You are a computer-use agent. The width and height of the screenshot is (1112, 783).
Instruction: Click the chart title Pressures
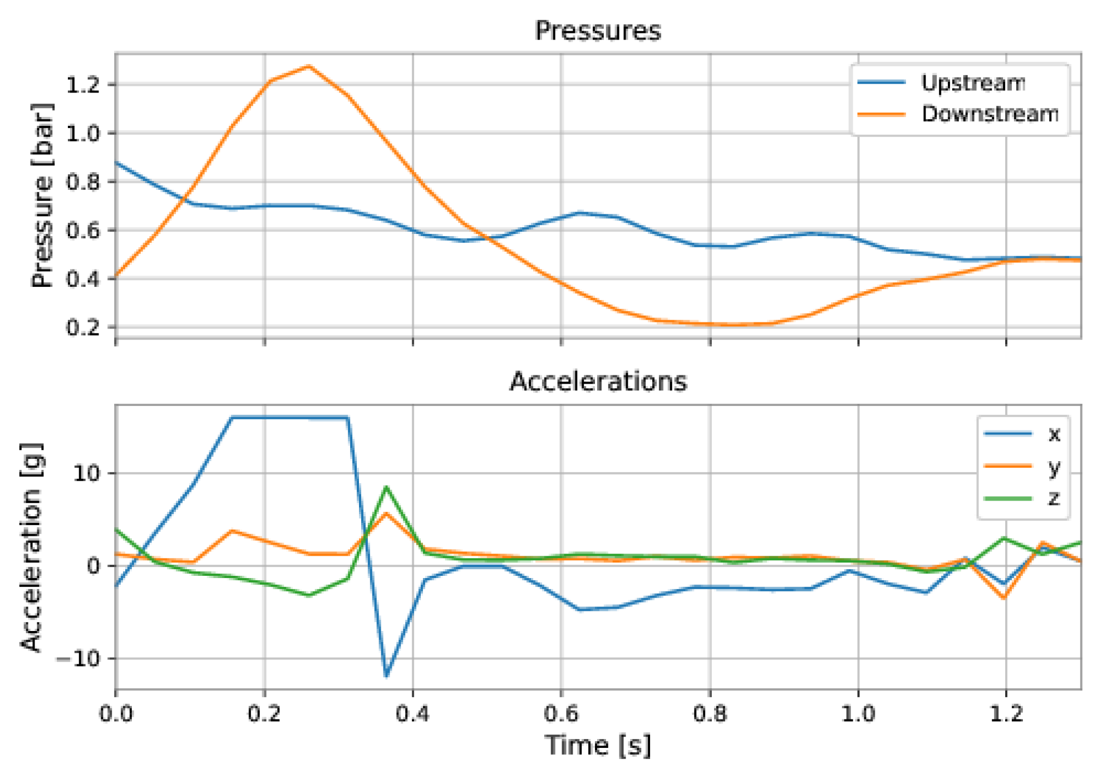(598, 31)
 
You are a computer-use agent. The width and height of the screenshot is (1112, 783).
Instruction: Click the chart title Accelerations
(598, 382)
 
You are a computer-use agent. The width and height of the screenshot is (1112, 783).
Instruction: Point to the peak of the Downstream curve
(309, 67)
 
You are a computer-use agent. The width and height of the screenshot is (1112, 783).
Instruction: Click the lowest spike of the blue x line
(386, 676)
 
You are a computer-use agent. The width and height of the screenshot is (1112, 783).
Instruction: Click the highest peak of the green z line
(386, 488)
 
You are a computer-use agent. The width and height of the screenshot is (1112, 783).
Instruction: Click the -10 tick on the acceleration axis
(78, 658)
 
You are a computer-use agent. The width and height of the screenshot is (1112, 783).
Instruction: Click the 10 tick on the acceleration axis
(86, 473)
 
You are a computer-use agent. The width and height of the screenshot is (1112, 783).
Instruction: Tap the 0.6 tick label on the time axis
(561, 713)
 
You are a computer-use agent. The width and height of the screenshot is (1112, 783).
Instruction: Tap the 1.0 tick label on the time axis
(858, 713)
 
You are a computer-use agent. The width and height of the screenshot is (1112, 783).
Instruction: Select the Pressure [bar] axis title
(42, 195)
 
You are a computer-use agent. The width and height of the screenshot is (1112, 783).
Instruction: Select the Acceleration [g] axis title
(31, 547)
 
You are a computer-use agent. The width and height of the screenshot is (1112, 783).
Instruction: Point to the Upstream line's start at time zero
(116, 163)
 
